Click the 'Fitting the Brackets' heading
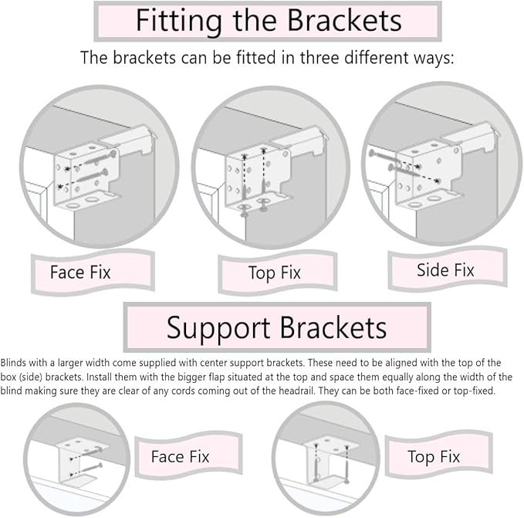[268, 21]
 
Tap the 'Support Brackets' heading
[276, 328]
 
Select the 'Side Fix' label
[445, 270]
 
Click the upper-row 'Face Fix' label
[80, 272]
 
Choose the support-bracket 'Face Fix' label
[177, 456]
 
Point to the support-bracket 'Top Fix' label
[434, 457]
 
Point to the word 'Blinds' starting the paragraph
[14, 362]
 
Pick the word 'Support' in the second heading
[216, 328]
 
